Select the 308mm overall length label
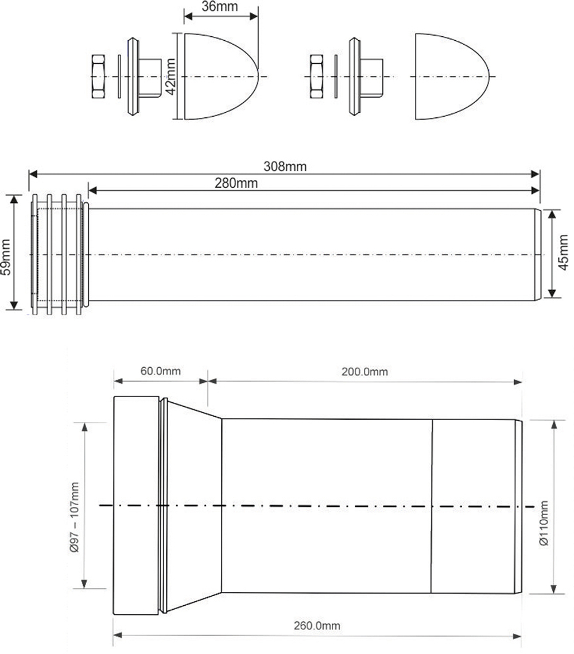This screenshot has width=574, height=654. [285, 167]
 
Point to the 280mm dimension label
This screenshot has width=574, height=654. [236, 183]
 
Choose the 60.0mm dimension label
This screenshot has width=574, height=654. [161, 371]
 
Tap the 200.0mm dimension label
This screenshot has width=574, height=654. [364, 371]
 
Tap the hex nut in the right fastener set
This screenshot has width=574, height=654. [317, 76]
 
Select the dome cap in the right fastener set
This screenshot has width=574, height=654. [451, 76]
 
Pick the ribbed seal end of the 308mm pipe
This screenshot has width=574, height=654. [57, 254]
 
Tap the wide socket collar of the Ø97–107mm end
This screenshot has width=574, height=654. [135, 506]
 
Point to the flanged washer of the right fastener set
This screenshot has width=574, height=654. [354, 76]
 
